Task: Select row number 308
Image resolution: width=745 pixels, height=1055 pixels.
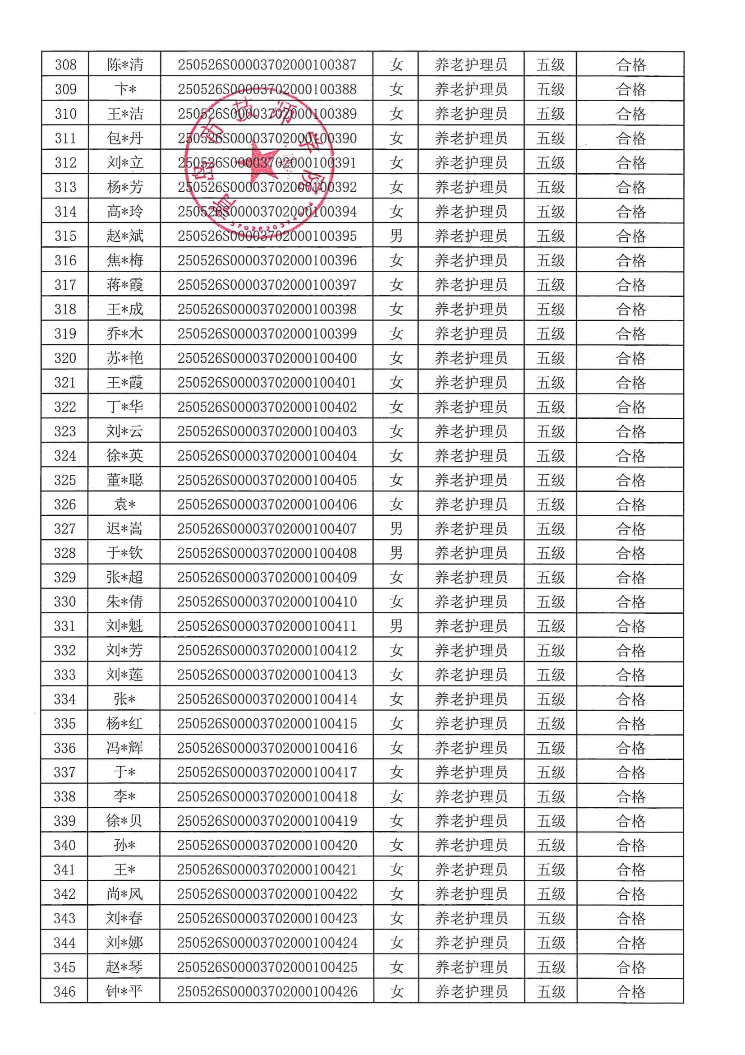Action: coord(66,65)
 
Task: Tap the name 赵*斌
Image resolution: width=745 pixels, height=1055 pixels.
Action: coord(125,236)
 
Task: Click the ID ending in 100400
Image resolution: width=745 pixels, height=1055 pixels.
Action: coord(267,358)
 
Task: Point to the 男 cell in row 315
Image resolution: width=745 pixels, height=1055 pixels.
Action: coord(396,236)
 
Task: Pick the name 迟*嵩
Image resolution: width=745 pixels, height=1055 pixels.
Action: coord(124,529)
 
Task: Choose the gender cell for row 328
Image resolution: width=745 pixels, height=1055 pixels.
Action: coord(396,553)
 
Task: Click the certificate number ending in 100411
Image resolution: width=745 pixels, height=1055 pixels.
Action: coord(267,626)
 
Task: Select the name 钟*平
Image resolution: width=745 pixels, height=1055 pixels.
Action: coord(124,991)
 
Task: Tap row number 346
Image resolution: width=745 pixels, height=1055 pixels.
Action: coord(64,991)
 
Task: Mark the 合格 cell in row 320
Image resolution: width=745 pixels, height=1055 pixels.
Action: coord(630,358)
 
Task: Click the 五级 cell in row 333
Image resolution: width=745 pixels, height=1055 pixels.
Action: coord(551,675)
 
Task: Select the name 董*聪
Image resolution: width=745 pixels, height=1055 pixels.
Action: coord(124,480)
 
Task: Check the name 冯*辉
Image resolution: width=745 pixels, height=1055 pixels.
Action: coord(124,748)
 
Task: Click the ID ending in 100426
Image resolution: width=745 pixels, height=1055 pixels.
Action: coord(267,991)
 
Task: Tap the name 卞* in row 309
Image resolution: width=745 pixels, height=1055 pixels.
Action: coord(125,90)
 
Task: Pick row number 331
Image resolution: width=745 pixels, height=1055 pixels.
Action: coord(64,626)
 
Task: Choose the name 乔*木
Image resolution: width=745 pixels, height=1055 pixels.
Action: coord(124,334)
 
